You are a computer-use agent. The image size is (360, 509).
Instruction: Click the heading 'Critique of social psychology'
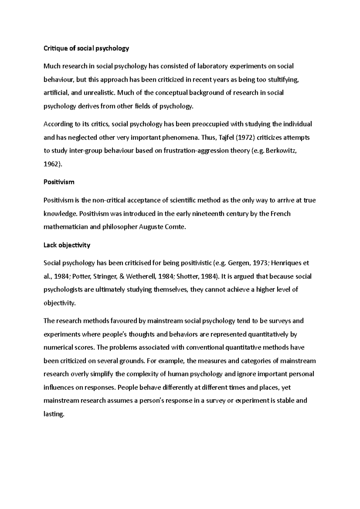coord(86,48)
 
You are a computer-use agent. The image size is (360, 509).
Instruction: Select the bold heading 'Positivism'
coord(59,182)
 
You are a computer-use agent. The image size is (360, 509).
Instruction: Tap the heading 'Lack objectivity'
coord(67,245)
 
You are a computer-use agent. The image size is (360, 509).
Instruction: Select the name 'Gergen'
coord(238,263)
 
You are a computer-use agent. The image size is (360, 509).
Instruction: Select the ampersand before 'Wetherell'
coord(121,276)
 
